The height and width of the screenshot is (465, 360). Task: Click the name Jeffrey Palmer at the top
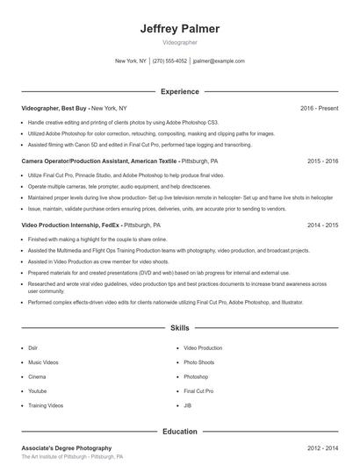pyautogui.click(x=180, y=29)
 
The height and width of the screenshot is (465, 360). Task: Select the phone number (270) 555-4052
pyautogui.click(x=169, y=61)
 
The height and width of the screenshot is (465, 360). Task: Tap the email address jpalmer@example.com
pyautogui.click(x=219, y=61)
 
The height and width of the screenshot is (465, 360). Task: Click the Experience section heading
pyautogui.click(x=180, y=91)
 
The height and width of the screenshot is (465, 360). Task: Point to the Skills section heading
pyautogui.click(x=180, y=328)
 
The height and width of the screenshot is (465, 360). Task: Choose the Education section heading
pyautogui.click(x=180, y=431)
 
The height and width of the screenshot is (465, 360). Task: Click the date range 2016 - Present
pyautogui.click(x=320, y=108)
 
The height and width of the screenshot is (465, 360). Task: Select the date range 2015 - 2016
pyautogui.click(x=323, y=161)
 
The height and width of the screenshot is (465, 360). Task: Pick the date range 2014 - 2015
pyautogui.click(x=323, y=225)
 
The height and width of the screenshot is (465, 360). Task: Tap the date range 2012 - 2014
pyautogui.click(x=323, y=447)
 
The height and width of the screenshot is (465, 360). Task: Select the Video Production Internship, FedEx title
pyautogui.click(x=71, y=225)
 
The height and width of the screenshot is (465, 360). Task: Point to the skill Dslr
pyautogui.click(x=33, y=347)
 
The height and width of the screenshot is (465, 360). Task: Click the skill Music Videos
pyautogui.click(x=43, y=362)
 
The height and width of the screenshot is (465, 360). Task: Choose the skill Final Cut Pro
pyautogui.click(x=198, y=391)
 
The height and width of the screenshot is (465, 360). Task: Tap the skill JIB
pyautogui.click(x=188, y=405)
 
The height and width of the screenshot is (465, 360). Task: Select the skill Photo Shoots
pyautogui.click(x=198, y=362)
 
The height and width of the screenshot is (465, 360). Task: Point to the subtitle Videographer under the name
pyautogui.click(x=180, y=42)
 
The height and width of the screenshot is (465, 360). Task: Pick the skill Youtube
pyautogui.click(x=38, y=391)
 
